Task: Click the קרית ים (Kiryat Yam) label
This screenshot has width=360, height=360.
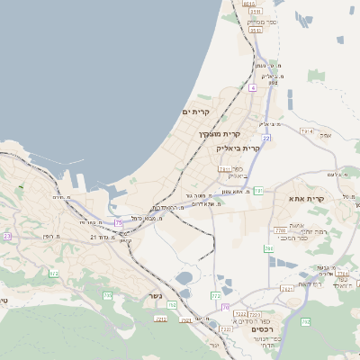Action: click(195, 112)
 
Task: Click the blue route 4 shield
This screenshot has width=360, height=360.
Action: click(254, 88)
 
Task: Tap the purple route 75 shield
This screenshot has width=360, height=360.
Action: click(118, 222)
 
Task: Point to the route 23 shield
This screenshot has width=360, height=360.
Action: click(6, 236)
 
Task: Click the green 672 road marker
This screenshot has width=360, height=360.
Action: click(53, 274)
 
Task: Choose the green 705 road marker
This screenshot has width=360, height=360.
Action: click(107, 295)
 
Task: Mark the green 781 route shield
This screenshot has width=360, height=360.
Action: click(257, 191)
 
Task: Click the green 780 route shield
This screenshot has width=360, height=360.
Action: click(268, 247)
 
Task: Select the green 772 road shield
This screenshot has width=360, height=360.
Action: click(215, 295)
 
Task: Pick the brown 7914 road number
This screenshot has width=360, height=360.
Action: click(306, 131)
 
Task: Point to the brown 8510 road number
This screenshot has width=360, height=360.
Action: click(249, 4)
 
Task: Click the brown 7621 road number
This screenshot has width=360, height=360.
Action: click(287, 289)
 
